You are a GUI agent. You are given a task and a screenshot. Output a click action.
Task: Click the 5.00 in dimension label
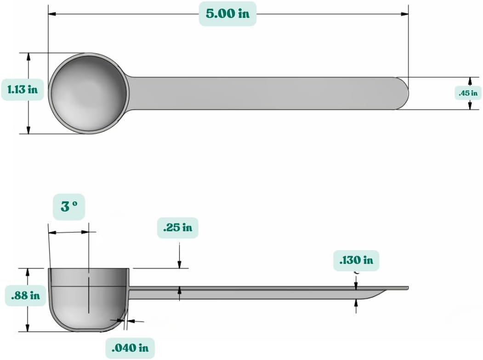[227, 14]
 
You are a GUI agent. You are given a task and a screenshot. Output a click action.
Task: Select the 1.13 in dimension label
[23, 90]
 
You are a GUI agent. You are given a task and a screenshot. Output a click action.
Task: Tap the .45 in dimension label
[468, 93]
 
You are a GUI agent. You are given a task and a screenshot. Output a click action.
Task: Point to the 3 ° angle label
[68, 206]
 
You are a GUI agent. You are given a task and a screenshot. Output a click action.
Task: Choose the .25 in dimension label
[177, 228]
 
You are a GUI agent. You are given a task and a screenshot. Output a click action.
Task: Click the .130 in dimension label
[356, 260]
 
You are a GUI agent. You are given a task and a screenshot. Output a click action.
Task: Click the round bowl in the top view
[88, 93]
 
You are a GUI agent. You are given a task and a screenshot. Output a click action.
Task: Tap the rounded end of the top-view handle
[402, 93]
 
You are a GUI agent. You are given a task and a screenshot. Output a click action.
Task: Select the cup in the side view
[89, 299]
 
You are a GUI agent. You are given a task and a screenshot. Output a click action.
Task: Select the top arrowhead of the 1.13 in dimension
[28, 57]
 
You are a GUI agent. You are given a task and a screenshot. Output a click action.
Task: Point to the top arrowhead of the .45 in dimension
[470, 80]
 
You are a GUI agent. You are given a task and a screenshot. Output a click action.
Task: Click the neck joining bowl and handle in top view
[131, 93]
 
